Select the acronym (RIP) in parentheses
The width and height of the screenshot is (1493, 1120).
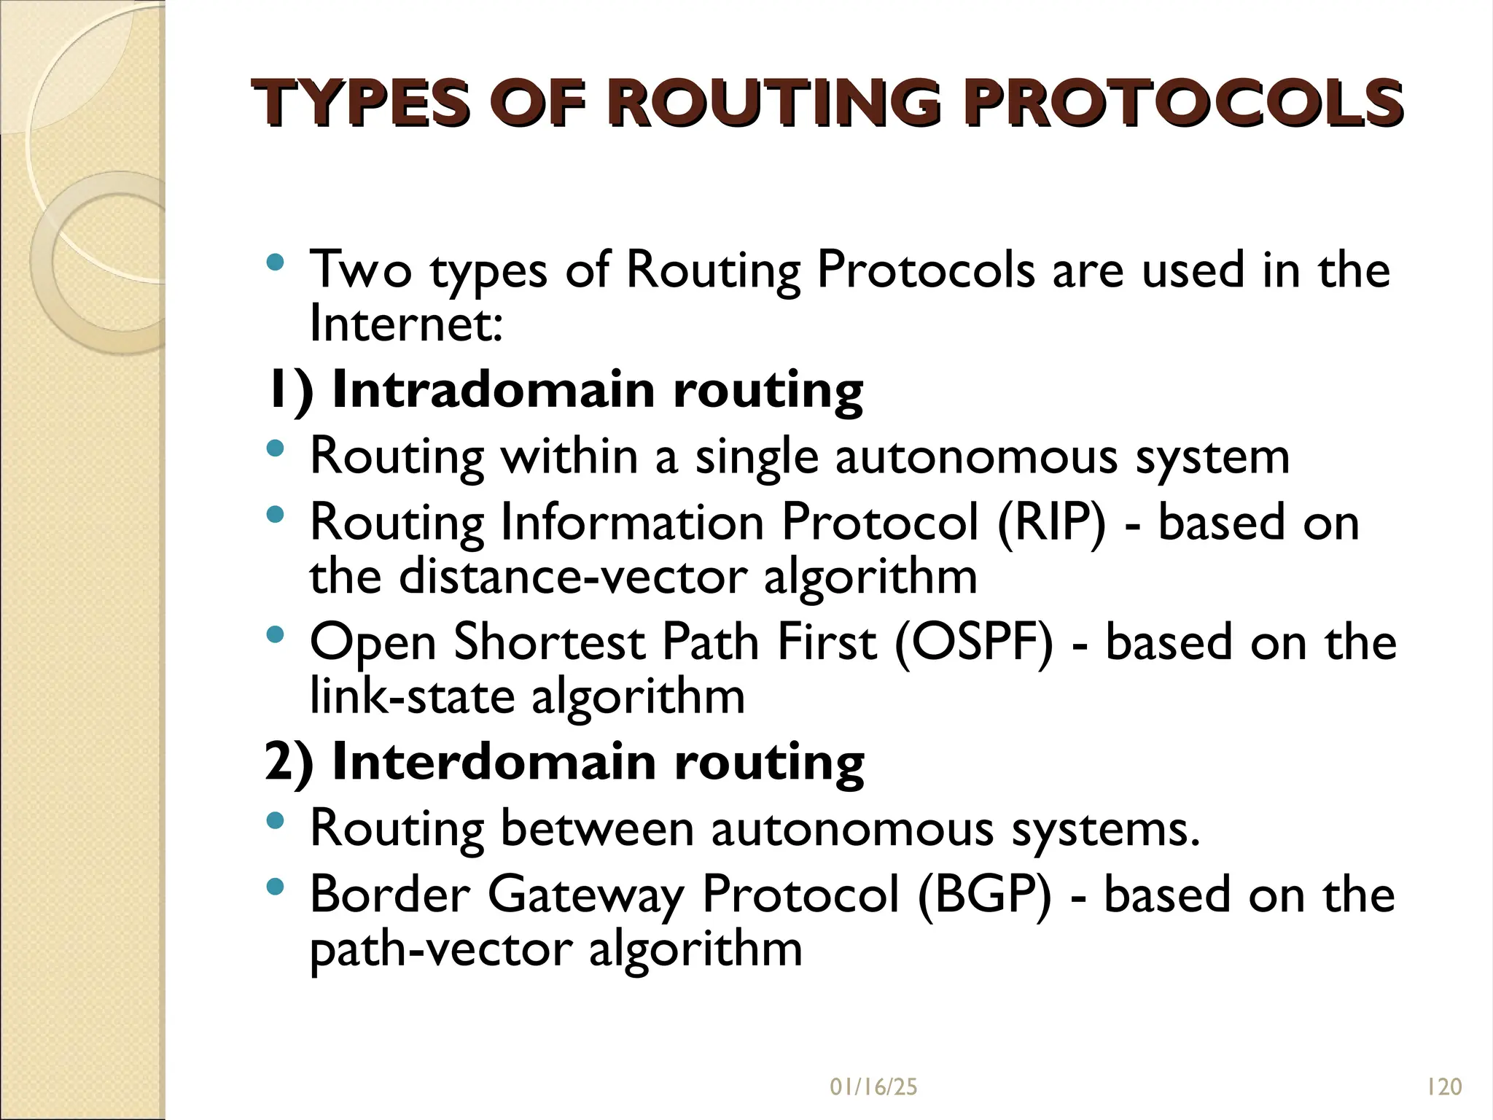(1051, 522)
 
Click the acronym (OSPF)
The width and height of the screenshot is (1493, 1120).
(973, 642)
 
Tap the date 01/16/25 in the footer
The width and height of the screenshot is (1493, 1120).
(873, 1087)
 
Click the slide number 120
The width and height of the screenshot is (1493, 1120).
(1444, 1087)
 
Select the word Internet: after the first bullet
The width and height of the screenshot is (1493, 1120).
(406, 324)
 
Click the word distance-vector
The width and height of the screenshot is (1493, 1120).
(573, 577)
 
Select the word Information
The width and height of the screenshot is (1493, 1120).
(632, 522)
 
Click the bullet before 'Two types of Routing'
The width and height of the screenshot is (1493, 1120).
(275, 262)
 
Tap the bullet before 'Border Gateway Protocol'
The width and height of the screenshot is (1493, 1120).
(275, 887)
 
